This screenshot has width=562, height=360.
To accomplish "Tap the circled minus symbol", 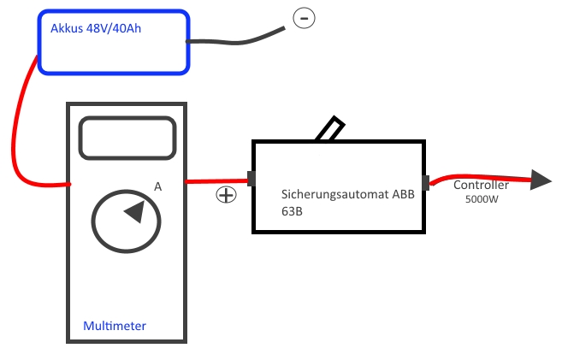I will click(304, 17).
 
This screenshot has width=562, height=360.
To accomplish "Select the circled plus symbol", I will click(226, 195).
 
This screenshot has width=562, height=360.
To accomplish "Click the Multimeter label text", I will click(115, 326).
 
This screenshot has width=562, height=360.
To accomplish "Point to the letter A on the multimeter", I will click(157, 186).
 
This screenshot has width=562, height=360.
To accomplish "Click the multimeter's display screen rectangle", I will click(127, 138).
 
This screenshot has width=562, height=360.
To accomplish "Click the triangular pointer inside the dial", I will click(133, 212).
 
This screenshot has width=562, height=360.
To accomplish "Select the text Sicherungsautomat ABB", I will click(347, 194).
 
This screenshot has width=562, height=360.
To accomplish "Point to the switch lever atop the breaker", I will click(330, 129).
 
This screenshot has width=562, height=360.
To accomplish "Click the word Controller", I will click(481, 185).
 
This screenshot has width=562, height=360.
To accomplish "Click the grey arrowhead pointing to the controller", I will click(541, 180).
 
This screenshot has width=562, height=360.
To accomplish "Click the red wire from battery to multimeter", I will click(19, 128).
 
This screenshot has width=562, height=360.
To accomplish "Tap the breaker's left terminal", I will click(251, 179).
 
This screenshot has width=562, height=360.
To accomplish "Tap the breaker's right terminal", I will click(425, 182).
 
